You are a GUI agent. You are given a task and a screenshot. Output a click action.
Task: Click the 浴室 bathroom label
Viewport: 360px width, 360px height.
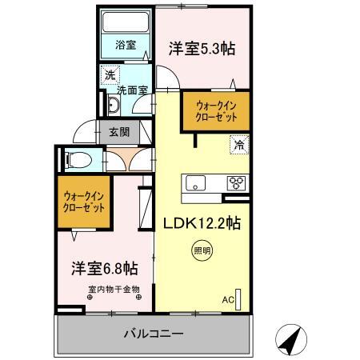click(x=126, y=45)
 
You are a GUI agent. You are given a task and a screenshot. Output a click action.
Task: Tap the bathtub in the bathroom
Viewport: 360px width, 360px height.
click(x=126, y=22)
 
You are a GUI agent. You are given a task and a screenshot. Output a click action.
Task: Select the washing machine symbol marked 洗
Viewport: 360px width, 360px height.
click(x=110, y=75)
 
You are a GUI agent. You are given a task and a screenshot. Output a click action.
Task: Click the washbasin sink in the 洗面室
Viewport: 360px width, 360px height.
click(x=114, y=105)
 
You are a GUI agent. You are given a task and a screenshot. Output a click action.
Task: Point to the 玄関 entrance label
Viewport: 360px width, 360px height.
click(x=119, y=132)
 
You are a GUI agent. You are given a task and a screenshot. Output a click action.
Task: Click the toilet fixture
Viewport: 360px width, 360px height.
click(x=79, y=160)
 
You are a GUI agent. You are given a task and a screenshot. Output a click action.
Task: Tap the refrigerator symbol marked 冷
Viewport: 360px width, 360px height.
click(x=239, y=145)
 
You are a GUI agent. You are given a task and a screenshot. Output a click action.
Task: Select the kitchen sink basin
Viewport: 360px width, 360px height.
click(x=195, y=183)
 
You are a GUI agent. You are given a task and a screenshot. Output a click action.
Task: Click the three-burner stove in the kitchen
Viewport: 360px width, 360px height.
click(x=236, y=183)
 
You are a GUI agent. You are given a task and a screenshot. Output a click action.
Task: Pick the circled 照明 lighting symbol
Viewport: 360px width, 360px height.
click(x=202, y=250)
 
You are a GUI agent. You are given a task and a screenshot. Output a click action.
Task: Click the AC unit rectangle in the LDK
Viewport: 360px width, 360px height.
click(x=238, y=300)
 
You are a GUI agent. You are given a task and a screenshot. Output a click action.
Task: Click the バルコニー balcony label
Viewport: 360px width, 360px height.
click(x=154, y=334)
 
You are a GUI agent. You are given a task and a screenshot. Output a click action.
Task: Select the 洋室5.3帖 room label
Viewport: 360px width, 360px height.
click(x=202, y=49)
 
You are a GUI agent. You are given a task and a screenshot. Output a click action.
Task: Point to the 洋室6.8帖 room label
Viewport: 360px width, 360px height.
click(x=105, y=268)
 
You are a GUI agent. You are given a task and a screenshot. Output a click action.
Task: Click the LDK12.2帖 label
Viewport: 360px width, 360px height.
click(x=202, y=223)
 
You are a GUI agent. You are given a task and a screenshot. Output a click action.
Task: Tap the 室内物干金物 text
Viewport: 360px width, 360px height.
click(x=114, y=289)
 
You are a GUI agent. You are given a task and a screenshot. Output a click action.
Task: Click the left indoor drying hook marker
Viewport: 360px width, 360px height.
click(x=90, y=297)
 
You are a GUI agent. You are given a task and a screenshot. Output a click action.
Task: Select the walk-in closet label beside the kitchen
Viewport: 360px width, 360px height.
click(x=216, y=111)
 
